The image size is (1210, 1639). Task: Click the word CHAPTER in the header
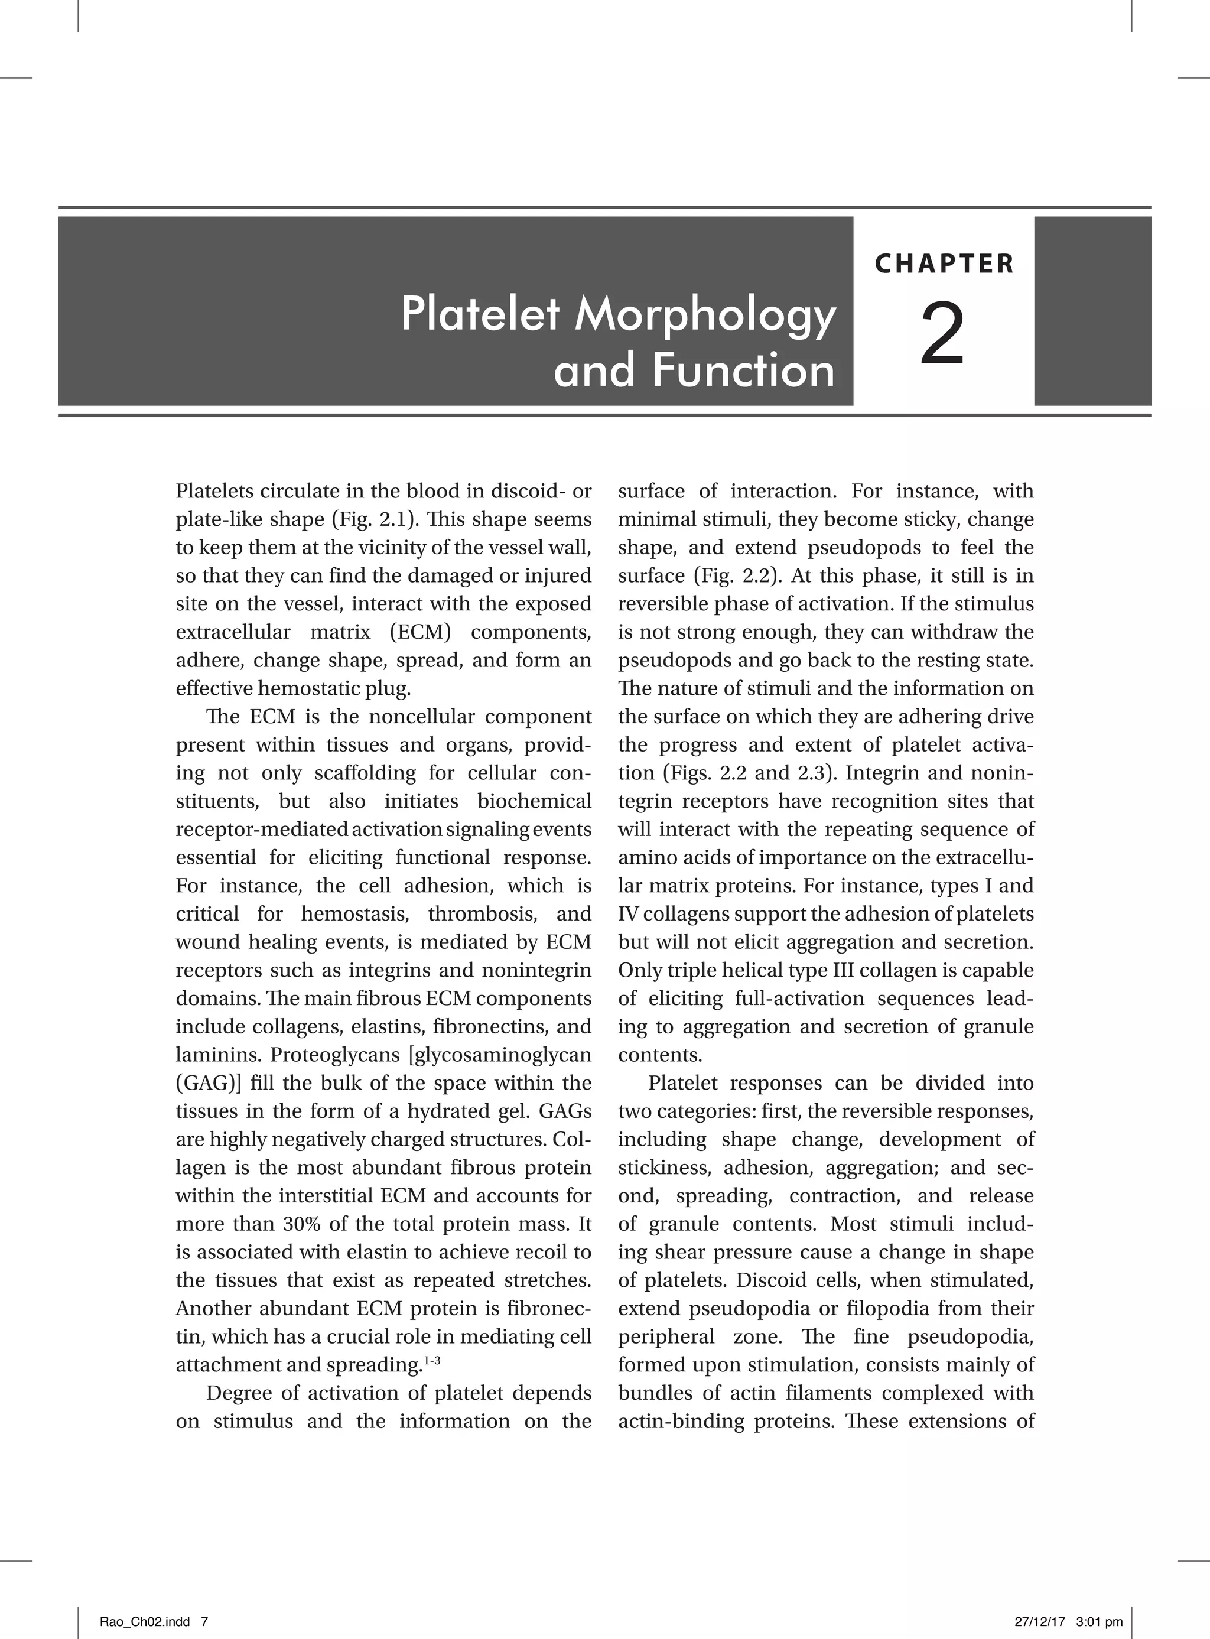point(944,264)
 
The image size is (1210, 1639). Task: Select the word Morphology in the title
point(705,315)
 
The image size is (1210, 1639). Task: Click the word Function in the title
point(744,370)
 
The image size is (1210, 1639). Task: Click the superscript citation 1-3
point(432,1361)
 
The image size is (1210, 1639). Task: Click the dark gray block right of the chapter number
point(1092,311)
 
